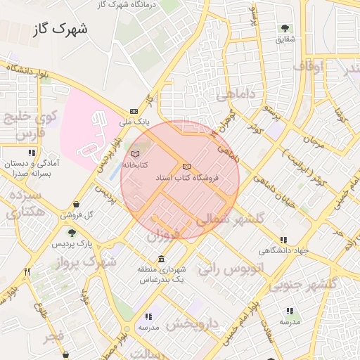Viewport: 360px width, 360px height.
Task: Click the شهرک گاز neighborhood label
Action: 60,30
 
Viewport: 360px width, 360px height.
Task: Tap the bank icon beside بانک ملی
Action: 134,111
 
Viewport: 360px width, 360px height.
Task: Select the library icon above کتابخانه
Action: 136,153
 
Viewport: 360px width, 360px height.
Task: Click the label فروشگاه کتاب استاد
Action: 188,179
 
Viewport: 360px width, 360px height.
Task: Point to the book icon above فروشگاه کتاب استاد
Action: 186,167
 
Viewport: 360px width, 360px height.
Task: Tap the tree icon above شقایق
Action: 285,29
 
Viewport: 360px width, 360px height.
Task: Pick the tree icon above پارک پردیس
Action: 71,233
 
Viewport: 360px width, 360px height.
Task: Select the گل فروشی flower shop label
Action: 76,215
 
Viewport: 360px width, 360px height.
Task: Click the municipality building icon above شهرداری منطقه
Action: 162,258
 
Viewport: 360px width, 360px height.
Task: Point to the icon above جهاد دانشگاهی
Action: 283,240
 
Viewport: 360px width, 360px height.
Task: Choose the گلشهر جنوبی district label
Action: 310,284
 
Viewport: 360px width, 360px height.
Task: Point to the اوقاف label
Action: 307,66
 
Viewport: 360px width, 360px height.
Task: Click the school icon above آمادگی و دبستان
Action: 31,153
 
